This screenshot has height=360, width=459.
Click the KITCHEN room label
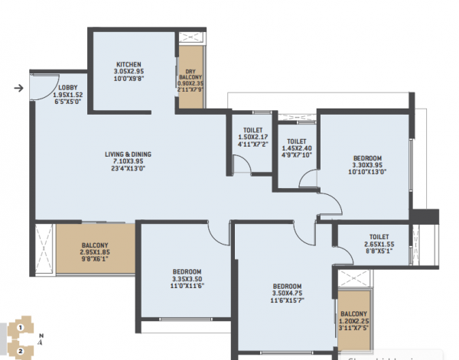point(128,64)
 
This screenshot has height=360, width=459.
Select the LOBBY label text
point(68,88)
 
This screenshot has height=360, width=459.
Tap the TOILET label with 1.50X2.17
point(252,130)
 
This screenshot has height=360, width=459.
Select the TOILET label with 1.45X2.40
point(297,141)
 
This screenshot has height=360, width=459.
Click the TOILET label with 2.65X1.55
point(379,237)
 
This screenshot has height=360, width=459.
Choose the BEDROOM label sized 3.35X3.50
point(187,272)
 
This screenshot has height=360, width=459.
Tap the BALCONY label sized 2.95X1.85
point(96,246)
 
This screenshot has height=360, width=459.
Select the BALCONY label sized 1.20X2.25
point(353,314)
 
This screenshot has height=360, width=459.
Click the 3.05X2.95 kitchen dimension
point(128,72)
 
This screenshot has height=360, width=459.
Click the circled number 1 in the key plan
point(21,327)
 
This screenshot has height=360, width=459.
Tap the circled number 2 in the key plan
point(21,351)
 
